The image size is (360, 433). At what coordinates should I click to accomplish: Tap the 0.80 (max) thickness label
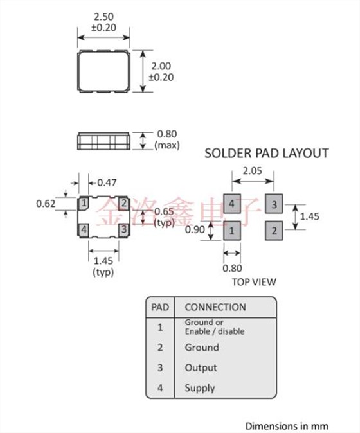click(166, 140)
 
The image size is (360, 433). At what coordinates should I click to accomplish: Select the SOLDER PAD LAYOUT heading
click(266, 153)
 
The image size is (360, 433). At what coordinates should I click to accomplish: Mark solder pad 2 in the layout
click(274, 229)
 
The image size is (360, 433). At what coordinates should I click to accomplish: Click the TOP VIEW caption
click(253, 281)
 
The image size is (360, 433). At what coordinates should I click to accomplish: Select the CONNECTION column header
click(215, 307)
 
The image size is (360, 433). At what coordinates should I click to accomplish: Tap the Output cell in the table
click(201, 367)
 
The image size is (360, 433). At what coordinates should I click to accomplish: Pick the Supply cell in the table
click(200, 388)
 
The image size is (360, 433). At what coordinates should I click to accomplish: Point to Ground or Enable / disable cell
click(214, 327)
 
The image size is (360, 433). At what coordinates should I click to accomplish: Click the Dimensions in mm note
click(287, 425)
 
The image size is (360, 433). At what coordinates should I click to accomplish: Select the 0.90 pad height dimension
click(195, 229)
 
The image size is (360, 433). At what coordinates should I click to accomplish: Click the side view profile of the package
click(104, 141)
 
